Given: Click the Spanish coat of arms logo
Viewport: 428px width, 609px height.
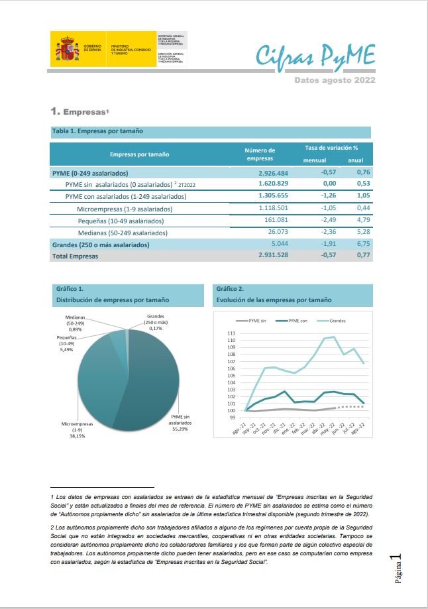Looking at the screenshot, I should click(66, 48).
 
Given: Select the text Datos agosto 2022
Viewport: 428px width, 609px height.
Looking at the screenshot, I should click(335, 80).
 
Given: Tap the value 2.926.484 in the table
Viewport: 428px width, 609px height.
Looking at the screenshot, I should click(273, 173).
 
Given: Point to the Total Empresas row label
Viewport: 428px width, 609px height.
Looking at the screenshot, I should click(75, 256).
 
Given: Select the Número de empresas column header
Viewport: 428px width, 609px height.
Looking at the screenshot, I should click(260, 154).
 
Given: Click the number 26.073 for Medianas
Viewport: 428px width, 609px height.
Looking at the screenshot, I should click(276, 233).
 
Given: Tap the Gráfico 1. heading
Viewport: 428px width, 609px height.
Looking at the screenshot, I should click(70, 289).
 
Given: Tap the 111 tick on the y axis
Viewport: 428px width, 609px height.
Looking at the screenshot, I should click(231, 333).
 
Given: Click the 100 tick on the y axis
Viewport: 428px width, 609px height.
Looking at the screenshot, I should click(231, 410).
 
